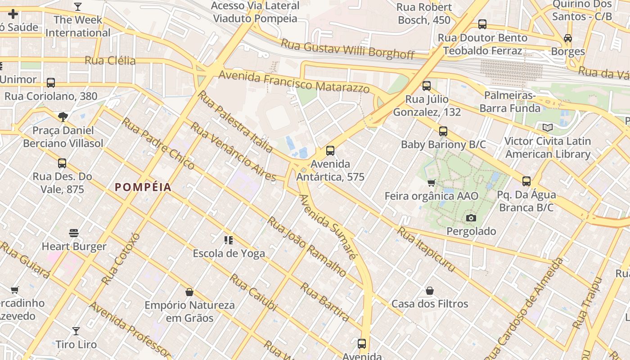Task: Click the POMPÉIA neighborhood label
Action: [143, 187]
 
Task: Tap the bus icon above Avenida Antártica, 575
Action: [330, 151]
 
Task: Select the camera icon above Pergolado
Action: [471, 218]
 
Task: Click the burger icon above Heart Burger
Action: [74, 233]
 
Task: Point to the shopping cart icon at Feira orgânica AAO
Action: [431, 183]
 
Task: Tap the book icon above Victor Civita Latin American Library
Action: [547, 127]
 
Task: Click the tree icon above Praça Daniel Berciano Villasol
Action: [63, 117]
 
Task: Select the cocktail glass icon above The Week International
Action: [78, 7]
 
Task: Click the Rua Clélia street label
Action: [110, 60]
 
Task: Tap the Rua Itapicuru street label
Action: [426, 249]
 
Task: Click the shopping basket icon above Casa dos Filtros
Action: [430, 291]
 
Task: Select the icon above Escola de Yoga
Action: [229, 240]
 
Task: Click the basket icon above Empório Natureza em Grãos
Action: [189, 292]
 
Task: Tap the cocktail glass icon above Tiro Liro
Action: [76, 331]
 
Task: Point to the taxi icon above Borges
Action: [568, 38]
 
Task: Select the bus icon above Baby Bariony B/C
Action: [443, 131]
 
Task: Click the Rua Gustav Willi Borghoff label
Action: [347, 49]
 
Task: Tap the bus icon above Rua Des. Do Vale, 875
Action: [62, 163]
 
